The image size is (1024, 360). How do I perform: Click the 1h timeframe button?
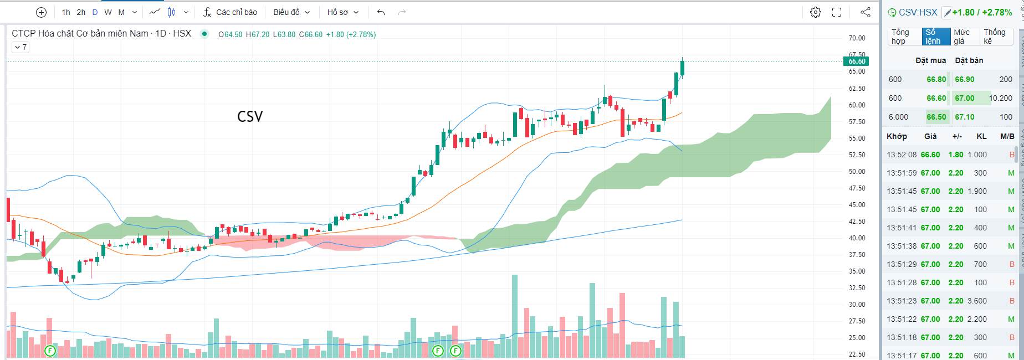coord(66,12)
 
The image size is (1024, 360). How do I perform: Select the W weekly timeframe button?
coord(107,12)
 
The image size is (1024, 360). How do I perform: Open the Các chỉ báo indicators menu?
coord(230,12)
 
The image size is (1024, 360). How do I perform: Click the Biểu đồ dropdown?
coord(291,12)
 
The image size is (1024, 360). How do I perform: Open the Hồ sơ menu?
coord(343,12)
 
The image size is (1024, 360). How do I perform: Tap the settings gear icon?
coord(815,12)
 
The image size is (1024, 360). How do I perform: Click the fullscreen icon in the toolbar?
coord(837,12)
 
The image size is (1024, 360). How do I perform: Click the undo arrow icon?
coord(381,12)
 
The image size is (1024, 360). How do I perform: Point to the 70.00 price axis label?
coord(857,38)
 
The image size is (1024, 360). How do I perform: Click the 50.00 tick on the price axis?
coord(857,172)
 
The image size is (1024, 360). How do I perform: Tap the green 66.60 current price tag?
coord(857,61)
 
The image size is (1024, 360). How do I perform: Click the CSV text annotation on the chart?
coord(250,116)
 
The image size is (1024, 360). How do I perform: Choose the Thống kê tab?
coord(995,37)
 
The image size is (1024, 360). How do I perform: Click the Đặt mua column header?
coord(930,60)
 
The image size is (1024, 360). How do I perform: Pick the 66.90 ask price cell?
coord(965,79)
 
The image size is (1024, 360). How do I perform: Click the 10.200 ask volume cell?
coord(1001,98)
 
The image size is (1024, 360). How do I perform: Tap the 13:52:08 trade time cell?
coord(902,155)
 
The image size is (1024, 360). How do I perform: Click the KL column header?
coord(981,136)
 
